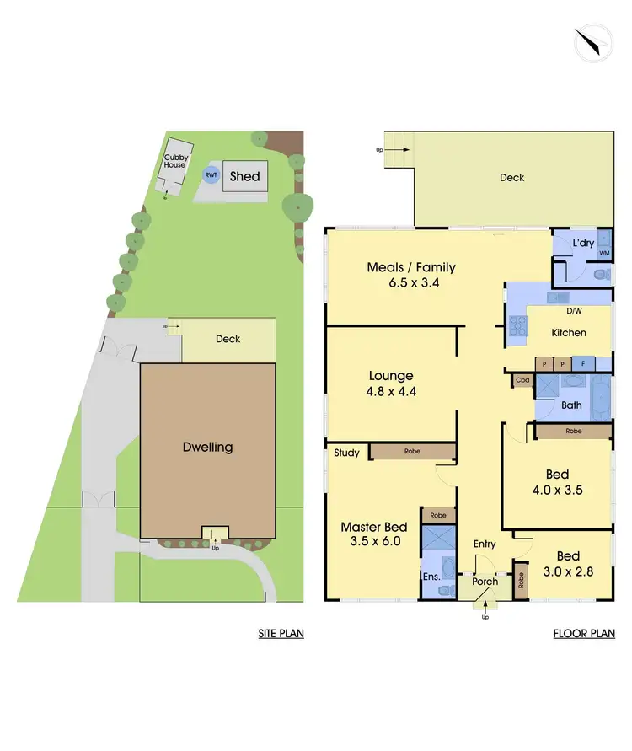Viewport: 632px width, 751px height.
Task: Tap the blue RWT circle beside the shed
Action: coord(211,175)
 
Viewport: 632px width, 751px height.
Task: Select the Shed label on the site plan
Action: coord(245,177)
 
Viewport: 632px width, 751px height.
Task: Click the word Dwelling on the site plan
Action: coord(207,447)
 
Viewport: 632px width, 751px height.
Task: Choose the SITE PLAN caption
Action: coord(281,634)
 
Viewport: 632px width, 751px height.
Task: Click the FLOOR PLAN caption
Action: coord(584,634)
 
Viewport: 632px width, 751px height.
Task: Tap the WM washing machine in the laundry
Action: coord(603,252)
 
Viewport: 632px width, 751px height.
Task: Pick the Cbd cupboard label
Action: coord(523,381)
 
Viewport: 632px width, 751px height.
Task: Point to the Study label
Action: coord(346,453)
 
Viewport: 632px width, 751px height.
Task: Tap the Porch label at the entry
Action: coord(485,582)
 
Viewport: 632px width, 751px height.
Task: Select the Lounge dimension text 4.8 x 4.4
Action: coord(390,391)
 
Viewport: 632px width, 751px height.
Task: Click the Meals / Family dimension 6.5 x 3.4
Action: coord(411,283)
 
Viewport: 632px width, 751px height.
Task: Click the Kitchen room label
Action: coord(569,333)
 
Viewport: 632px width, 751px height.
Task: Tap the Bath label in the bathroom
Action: coord(572,405)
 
